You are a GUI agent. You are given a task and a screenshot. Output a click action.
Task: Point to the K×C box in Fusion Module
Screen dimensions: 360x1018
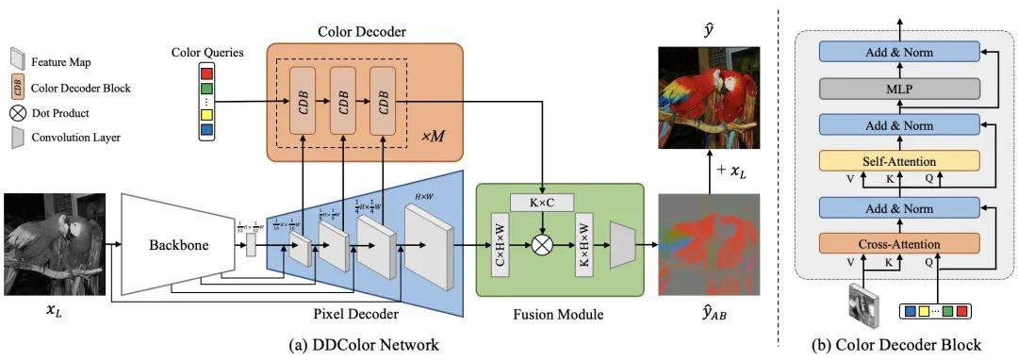[541, 203]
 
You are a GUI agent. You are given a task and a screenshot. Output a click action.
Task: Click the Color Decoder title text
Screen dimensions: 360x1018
[363, 32]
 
